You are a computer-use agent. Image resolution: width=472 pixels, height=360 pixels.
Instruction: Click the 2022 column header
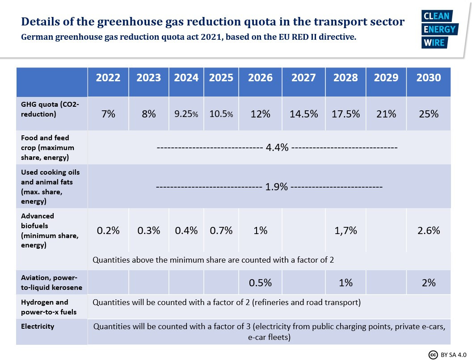[108, 78]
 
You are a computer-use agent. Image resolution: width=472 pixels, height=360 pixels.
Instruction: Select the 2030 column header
[429, 78]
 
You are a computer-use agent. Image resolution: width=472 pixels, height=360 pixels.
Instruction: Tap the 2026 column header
[260, 78]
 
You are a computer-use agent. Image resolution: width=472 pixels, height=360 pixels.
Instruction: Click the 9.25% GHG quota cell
[186, 114]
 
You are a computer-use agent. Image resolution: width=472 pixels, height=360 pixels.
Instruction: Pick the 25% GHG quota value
[429, 114]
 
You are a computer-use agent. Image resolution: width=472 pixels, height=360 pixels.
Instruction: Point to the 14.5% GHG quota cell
[303, 114]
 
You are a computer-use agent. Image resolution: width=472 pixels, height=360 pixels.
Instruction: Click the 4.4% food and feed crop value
[277, 148]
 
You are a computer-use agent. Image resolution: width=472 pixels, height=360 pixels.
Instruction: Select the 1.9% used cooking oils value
[276, 187]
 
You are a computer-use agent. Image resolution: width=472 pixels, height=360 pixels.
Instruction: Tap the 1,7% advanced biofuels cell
[346, 231]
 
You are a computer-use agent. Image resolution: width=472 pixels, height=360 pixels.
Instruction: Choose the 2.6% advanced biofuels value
[429, 231]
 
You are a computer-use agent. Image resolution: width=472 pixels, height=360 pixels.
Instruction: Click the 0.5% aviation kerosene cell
[260, 283]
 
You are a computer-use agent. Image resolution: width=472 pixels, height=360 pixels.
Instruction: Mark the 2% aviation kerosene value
[429, 283]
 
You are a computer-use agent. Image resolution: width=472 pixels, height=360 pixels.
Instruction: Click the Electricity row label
[38, 327]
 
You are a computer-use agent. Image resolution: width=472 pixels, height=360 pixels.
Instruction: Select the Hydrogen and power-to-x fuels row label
[45, 307]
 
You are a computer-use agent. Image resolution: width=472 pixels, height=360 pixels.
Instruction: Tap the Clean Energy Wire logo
[438, 29]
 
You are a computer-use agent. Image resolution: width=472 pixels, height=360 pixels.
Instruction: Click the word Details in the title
[41, 21]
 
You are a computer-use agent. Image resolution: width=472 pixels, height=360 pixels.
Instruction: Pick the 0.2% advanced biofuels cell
[108, 231]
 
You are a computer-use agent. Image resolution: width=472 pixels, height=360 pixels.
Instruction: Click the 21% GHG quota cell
[386, 114]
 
